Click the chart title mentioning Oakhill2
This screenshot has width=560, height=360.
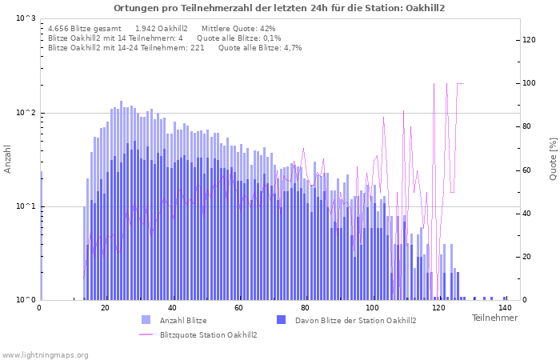pyautogui.click(x=279, y=8)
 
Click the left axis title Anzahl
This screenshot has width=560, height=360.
pyautogui.click(x=8, y=159)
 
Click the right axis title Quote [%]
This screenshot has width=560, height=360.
pyautogui.click(x=552, y=159)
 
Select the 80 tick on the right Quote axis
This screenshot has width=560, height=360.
pyautogui.click(x=528, y=126)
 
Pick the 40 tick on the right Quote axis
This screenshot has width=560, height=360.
pyautogui.click(x=528, y=214)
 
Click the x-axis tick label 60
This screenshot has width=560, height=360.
pyautogui.click(x=238, y=309)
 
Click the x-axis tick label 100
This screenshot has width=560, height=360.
pyautogui.click(x=371, y=309)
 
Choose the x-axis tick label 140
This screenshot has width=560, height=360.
pyautogui.click(x=504, y=309)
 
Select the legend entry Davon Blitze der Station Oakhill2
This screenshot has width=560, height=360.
pyautogui.click(x=355, y=321)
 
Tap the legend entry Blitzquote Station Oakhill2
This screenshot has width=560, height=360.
pyautogui.click(x=208, y=334)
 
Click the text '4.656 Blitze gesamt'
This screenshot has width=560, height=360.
pyautogui.click(x=85, y=29)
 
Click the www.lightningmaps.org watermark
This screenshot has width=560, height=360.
pyautogui.click(x=44, y=354)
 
